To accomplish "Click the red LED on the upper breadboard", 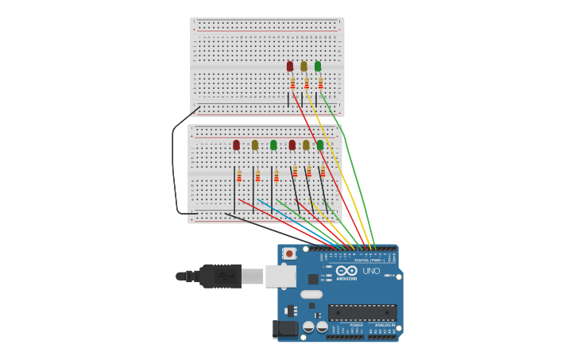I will coord(290,66).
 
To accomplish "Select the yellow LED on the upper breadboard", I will coord(303,66).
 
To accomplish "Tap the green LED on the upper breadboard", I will coord(318,66).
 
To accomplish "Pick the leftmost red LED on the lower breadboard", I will coord(236,145).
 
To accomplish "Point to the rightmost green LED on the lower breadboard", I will coord(320,145).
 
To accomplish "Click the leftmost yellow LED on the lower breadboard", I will coord(255,145).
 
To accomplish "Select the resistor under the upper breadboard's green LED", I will coord(320,83).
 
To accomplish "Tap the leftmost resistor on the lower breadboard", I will coord(239,176).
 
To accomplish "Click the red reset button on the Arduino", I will coord(289,254).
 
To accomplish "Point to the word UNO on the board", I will coord(371,271).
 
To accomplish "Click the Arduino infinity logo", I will coord(346,270).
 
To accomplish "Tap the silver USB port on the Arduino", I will coord(279,276).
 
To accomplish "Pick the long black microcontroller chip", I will coord(362,312).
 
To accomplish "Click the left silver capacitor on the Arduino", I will coord(309,327).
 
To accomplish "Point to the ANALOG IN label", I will coord(383,325).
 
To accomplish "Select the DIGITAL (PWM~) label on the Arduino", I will coord(369,260).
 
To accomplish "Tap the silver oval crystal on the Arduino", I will coord(311,295).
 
